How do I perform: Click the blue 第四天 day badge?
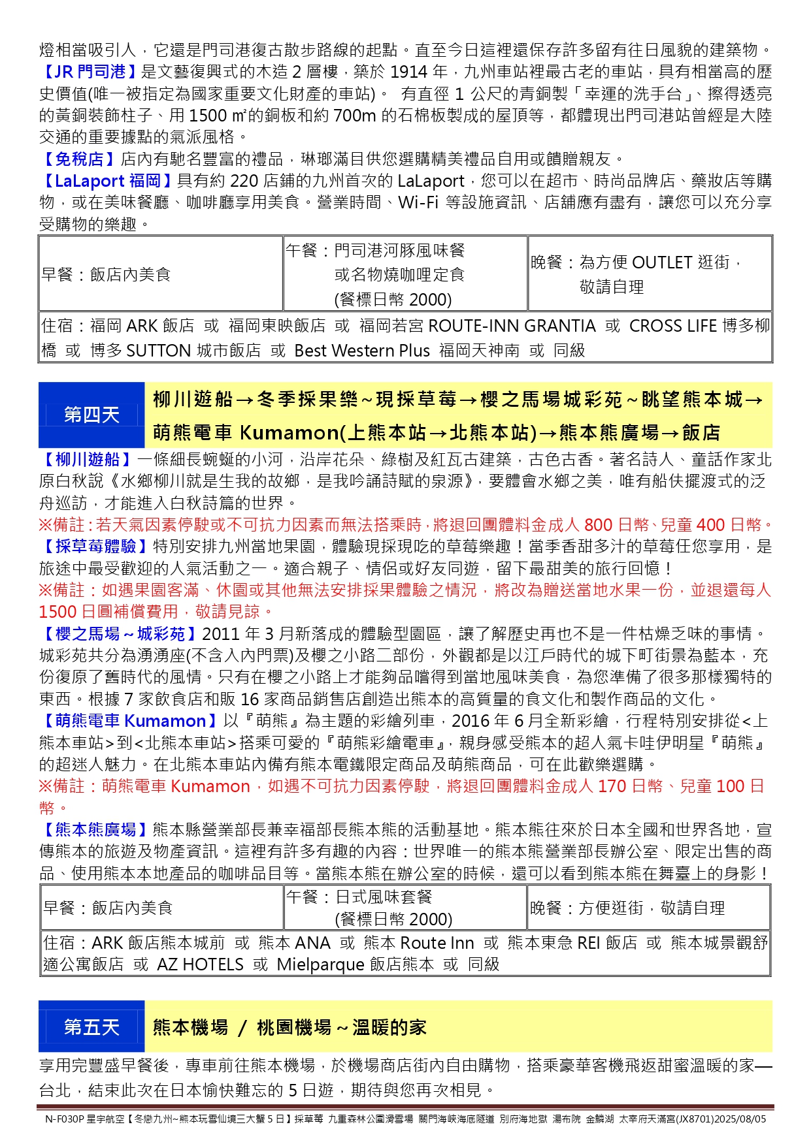(91, 415)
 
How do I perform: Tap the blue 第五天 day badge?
(91, 1027)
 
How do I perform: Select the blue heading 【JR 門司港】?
(90, 72)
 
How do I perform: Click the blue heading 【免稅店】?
(79, 159)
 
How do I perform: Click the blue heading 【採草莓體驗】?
(95, 546)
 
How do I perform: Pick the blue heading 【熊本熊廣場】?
(95, 829)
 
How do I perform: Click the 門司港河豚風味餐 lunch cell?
(405, 274)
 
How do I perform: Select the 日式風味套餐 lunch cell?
(405, 907)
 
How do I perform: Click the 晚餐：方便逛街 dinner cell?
(648, 907)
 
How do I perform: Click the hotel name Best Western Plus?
(362, 351)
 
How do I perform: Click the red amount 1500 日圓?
(78, 612)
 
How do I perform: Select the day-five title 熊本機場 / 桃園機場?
(290, 1027)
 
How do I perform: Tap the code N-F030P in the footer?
(65, 1119)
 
